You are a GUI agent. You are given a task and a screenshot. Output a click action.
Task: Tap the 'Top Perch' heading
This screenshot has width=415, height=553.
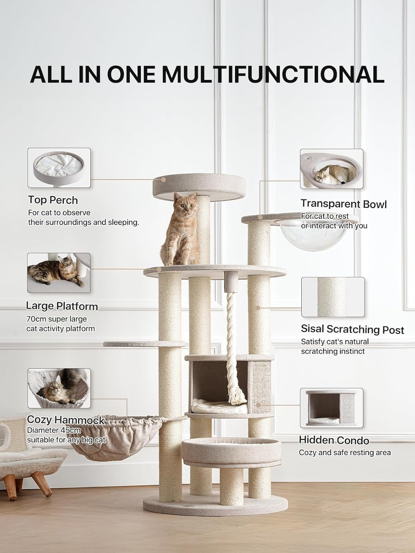point(53,200)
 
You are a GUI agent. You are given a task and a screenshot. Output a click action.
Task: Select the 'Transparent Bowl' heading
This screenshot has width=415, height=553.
point(343,204)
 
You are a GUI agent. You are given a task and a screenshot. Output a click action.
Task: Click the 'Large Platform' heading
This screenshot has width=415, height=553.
point(62,306)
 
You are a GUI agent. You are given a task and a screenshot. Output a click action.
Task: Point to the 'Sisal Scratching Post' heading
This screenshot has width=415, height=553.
point(352,329)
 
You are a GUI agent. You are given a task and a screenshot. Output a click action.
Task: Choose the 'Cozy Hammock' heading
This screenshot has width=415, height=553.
point(66,420)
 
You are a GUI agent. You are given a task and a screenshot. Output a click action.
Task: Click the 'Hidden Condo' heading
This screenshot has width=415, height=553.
point(334,440)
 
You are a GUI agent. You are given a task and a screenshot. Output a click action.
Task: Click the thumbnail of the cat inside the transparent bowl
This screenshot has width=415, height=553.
point(331,169)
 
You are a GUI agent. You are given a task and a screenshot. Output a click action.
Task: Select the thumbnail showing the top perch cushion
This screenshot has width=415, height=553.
point(59,168)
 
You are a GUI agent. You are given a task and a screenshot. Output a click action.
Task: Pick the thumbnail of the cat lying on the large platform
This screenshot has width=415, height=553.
point(59,273)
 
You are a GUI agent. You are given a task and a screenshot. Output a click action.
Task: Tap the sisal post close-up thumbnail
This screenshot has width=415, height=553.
point(333,297)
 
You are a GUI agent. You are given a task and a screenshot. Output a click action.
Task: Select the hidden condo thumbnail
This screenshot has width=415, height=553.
point(331,408)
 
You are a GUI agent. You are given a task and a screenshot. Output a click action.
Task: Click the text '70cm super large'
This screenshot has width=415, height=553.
point(56,319)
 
